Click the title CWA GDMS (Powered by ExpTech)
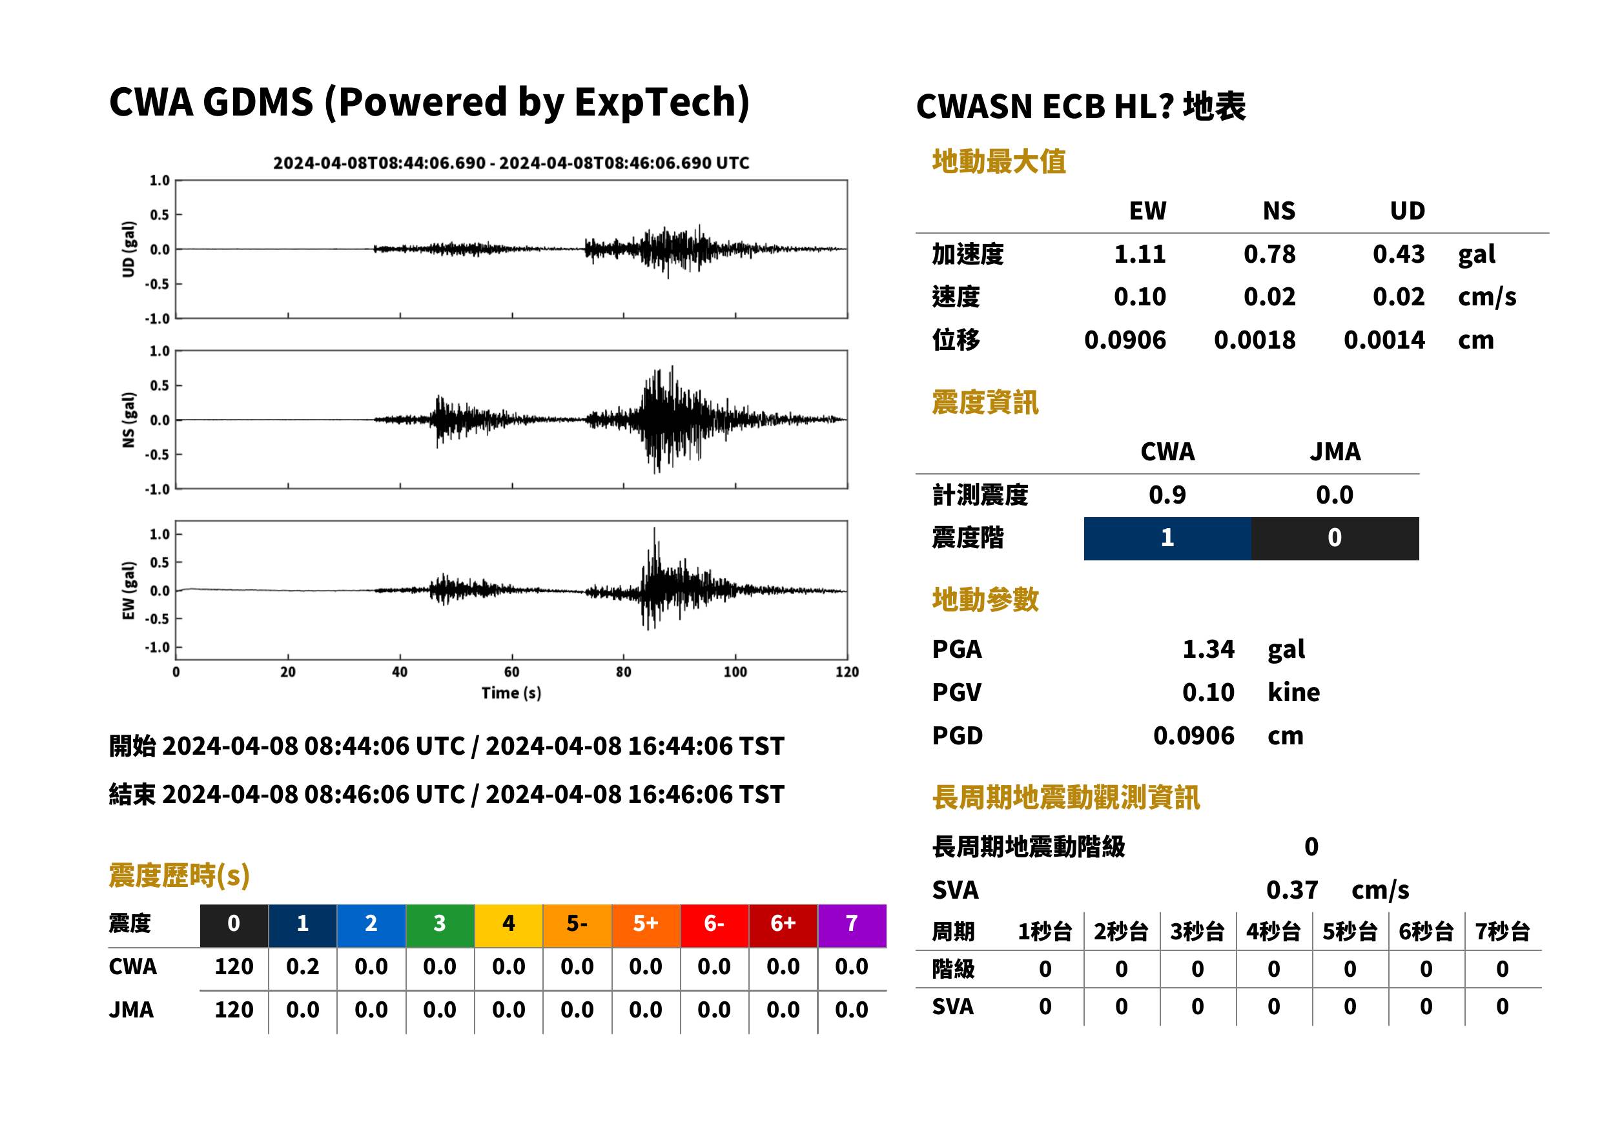[x=429, y=102]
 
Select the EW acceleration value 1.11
[x=1139, y=254]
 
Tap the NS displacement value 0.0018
[x=1254, y=340]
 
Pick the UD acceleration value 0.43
[x=1399, y=254]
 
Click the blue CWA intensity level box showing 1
[x=1167, y=538]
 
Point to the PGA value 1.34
[x=1208, y=649]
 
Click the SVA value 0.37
[x=1292, y=890]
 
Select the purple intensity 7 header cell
[x=852, y=925]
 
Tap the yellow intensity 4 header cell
[x=509, y=925]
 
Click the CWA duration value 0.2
[x=303, y=966]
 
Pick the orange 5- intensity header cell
[x=577, y=925]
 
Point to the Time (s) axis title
[x=511, y=693]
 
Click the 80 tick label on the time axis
[x=624, y=672]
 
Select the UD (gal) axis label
[x=128, y=249]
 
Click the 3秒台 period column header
[x=1197, y=932]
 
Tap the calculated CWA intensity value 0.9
[x=1167, y=495]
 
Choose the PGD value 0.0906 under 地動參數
[x=1194, y=736]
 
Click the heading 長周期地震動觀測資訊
[x=1065, y=797]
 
